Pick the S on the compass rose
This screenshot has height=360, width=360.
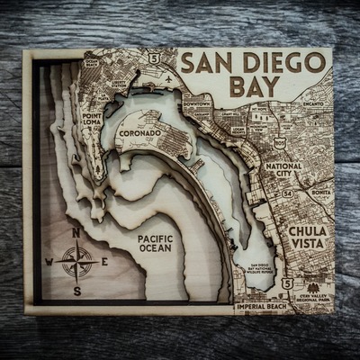77,290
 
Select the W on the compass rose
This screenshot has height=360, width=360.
49,263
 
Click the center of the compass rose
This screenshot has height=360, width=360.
77,262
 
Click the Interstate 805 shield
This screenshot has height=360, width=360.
281,142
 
